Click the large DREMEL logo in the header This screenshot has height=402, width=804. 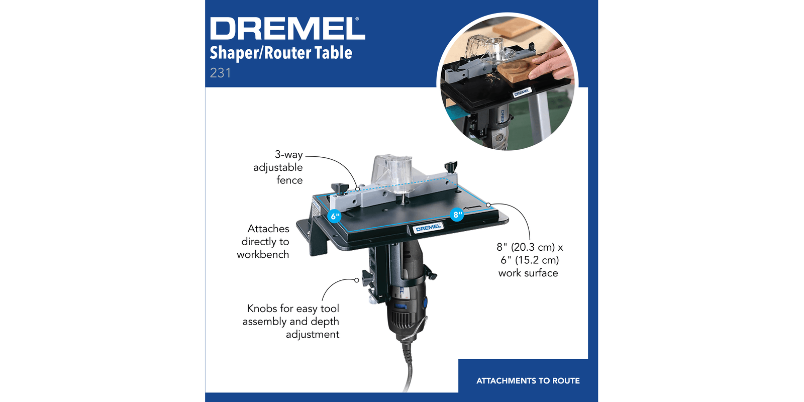coord(287,28)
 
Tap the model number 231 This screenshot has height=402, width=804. coord(221,73)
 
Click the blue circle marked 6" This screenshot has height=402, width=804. coord(335,216)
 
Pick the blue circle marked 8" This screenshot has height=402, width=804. coord(457,215)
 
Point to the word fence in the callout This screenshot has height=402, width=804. coord(289,180)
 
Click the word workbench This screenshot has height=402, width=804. coord(263,254)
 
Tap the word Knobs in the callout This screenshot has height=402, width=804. coord(262,309)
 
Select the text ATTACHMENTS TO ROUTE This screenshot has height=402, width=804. coord(528,381)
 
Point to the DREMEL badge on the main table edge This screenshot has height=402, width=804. coord(428,228)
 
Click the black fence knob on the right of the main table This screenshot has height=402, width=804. coord(451,167)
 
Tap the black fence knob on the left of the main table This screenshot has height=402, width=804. coord(340,188)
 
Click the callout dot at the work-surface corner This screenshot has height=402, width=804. coord(488,205)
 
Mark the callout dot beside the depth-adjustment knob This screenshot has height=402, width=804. coord(356,280)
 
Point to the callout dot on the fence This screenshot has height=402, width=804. coord(357,189)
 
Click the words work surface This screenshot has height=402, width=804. coord(528,273)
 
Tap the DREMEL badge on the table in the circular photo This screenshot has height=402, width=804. coord(522,92)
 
